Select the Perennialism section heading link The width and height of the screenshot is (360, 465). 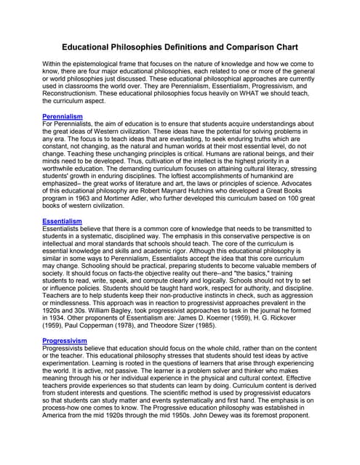63,116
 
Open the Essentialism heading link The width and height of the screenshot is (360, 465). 62,221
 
